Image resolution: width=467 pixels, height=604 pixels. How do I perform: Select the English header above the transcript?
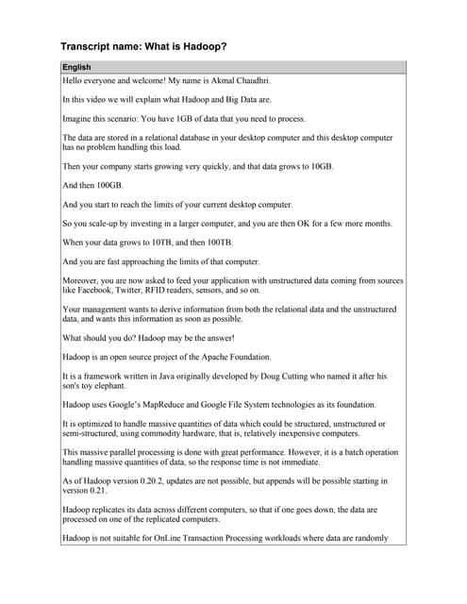[x=77, y=68]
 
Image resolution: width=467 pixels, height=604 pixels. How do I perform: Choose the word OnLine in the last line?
[x=190, y=539]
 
